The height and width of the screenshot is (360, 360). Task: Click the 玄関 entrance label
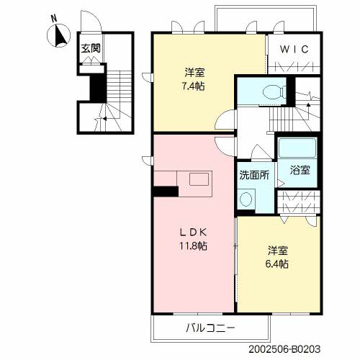pos(90,50)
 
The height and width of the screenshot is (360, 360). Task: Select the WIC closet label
pos(294,50)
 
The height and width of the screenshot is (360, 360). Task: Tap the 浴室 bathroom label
pos(300,170)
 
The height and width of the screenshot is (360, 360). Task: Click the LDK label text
pos(192,233)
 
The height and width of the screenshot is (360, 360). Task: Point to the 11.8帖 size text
pos(192,246)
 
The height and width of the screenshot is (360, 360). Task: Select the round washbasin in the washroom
pos(247,197)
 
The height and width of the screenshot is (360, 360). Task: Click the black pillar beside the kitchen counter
pos(166,191)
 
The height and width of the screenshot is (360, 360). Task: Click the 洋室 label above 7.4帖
pos(194,72)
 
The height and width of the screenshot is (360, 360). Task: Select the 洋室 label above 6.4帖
pos(278,251)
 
